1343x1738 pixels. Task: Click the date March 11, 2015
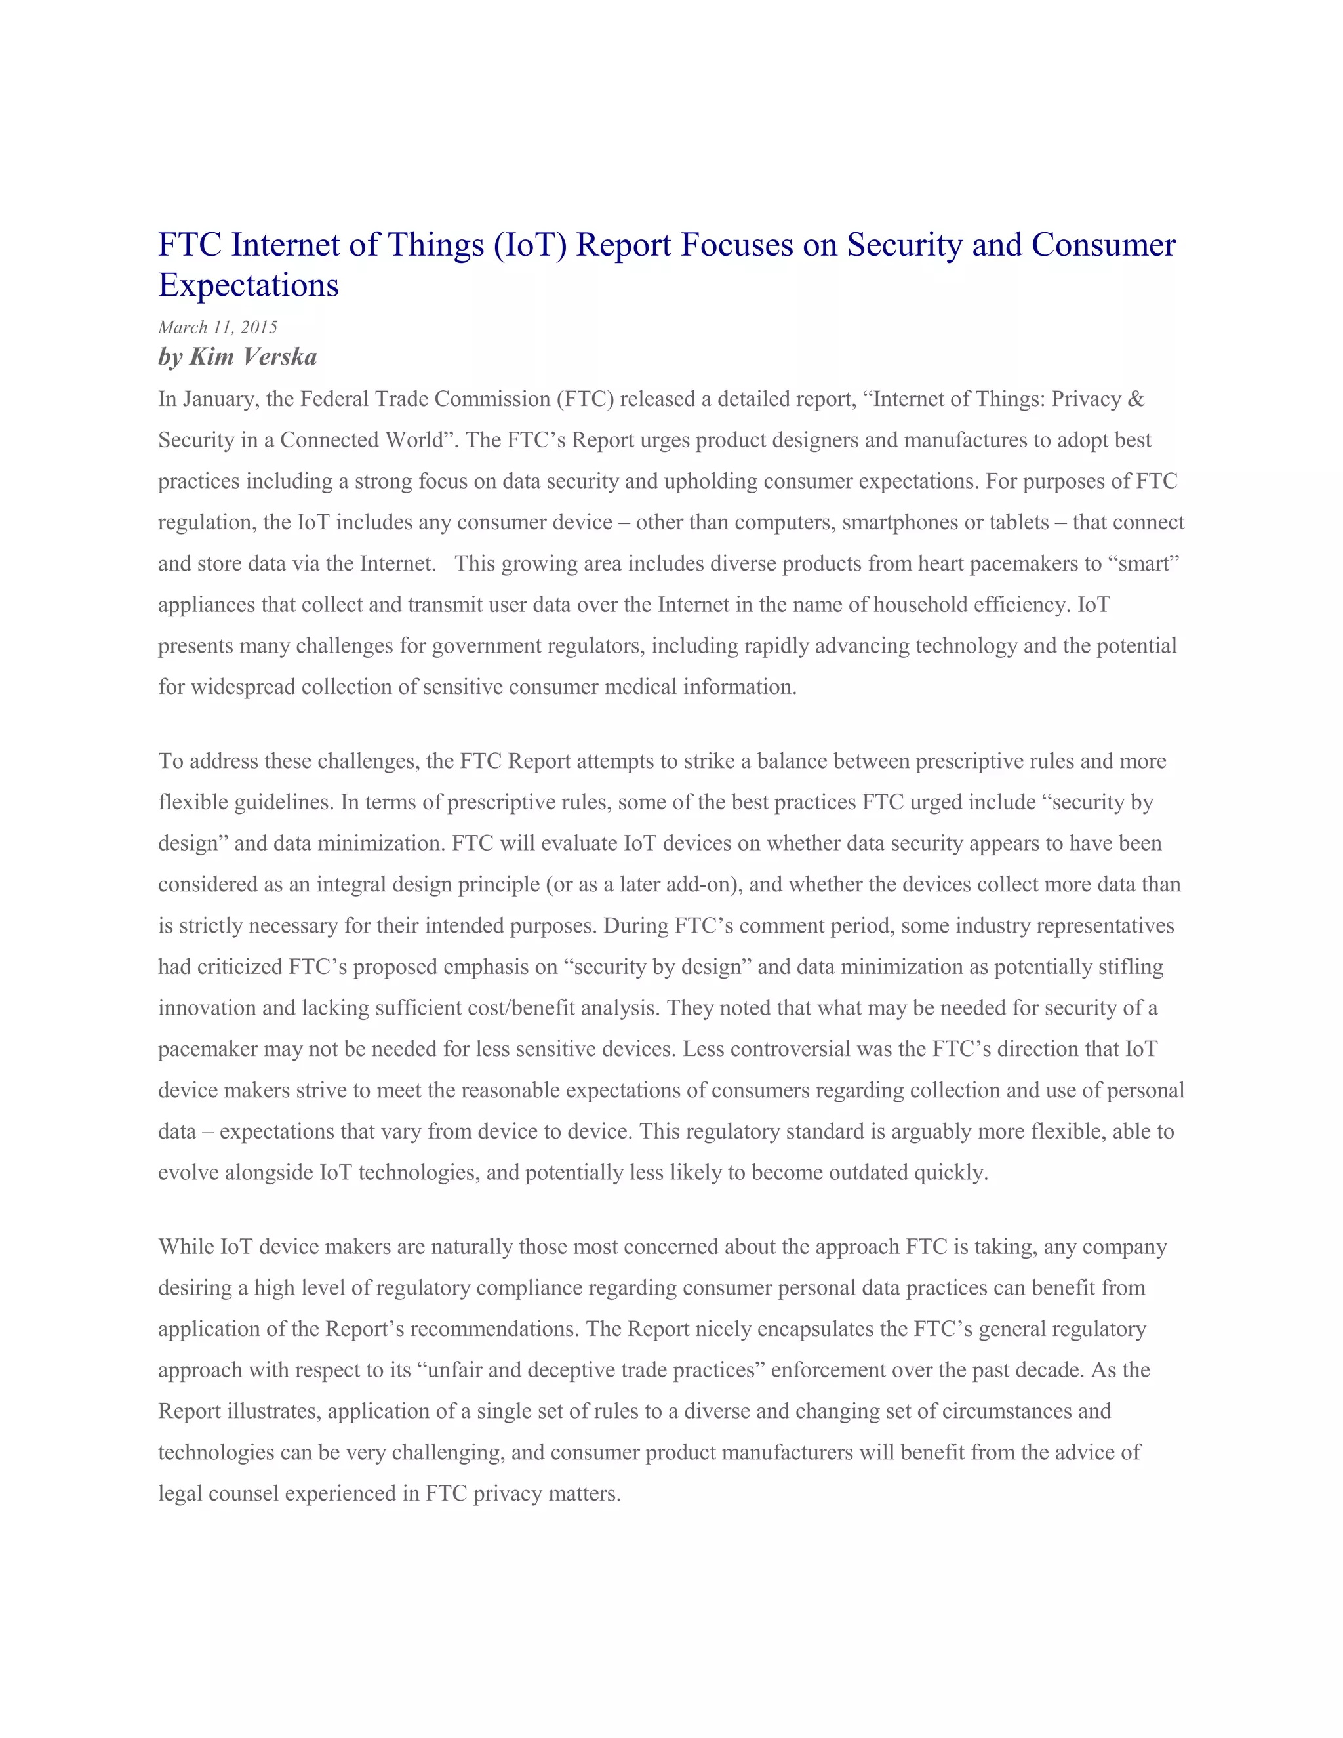click(x=217, y=327)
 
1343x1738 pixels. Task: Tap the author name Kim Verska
click(x=253, y=357)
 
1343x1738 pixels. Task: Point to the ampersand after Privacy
click(x=1136, y=399)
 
